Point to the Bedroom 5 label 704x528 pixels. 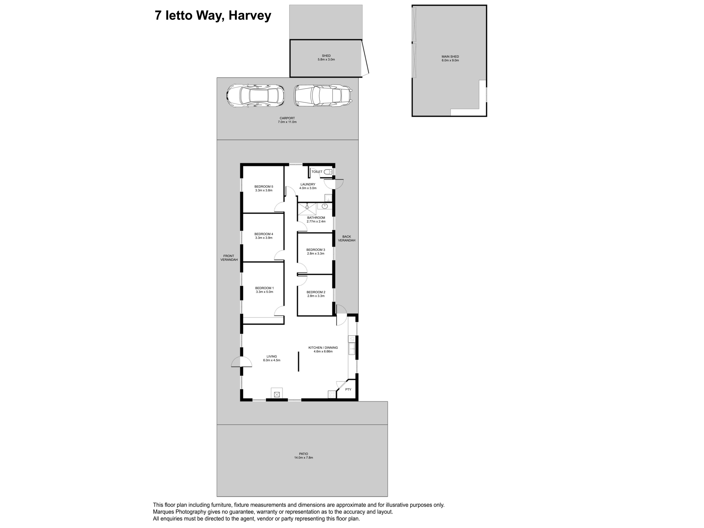coord(263,186)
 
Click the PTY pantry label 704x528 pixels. coord(348,389)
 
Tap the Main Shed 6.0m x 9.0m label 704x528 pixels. coord(450,58)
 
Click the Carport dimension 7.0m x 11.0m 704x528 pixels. coord(287,122)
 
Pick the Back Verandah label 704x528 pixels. coord(346,238)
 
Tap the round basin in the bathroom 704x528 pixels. coord(325,206)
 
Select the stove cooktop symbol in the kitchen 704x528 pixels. coord(332,394)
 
